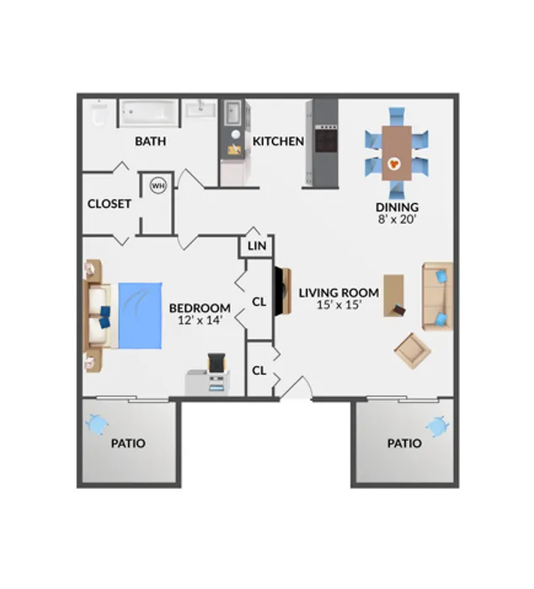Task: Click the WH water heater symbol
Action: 158,185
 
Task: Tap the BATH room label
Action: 151,141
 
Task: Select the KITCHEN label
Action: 278,141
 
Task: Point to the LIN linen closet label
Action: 257,246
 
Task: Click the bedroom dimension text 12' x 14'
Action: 200,321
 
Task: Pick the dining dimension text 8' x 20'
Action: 397,220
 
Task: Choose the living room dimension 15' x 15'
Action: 339,305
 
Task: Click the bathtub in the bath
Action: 149,112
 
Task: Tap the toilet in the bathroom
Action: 99,112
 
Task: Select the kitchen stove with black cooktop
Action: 326,138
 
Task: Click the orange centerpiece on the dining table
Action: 394,164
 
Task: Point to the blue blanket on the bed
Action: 141,316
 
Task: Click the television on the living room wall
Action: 282,291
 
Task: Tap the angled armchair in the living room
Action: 412,351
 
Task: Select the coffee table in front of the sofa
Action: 393,295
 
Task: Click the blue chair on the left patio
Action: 96,424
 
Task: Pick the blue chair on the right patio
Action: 437,427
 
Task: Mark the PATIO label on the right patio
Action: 404,443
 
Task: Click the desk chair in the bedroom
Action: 216,363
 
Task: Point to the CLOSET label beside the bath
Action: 109,204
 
